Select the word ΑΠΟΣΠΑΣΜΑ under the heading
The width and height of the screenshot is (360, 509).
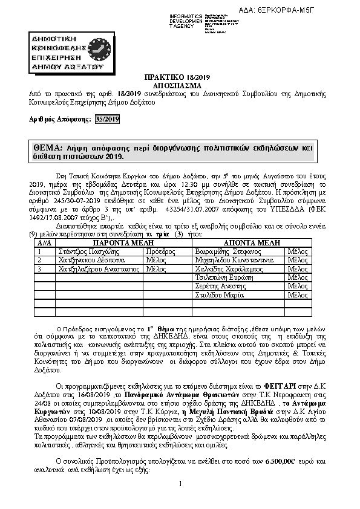(180, 86)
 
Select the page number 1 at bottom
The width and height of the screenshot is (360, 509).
(180, 499)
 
